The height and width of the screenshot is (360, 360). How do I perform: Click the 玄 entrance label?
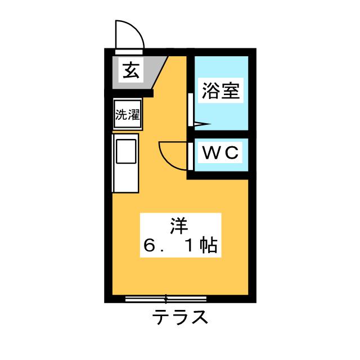click(x=131, y=70)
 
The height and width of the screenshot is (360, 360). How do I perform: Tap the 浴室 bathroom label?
click(x=220, y=90)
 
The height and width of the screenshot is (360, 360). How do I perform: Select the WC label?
click(x=220, y=152)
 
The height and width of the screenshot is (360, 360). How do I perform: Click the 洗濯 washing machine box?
click(x=128, y=114)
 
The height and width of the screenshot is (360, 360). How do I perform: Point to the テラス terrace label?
click(x=180, y=317)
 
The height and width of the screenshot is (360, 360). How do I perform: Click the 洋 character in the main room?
click(x=179, y=226)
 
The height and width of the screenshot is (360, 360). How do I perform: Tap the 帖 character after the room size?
click(x=208, y=245)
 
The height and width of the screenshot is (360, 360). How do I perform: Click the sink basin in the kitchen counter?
click(x=126, y=151)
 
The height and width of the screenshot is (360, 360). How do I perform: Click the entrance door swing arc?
click(x=130, y=34)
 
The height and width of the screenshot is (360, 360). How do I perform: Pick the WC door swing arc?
click(x=173, y=156)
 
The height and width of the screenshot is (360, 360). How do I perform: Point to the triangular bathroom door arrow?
click(x=202, y=124)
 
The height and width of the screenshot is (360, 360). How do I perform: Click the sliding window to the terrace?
click(x=166, y=299)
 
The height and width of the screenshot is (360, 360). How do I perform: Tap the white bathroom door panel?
click(x=191, y=110)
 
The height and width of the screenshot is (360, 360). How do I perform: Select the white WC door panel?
click(x=191, y=156)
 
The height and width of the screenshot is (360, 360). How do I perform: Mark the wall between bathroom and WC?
click(x=221, y=134)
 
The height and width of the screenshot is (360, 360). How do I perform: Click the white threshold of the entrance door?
click(x=129, y=52)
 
